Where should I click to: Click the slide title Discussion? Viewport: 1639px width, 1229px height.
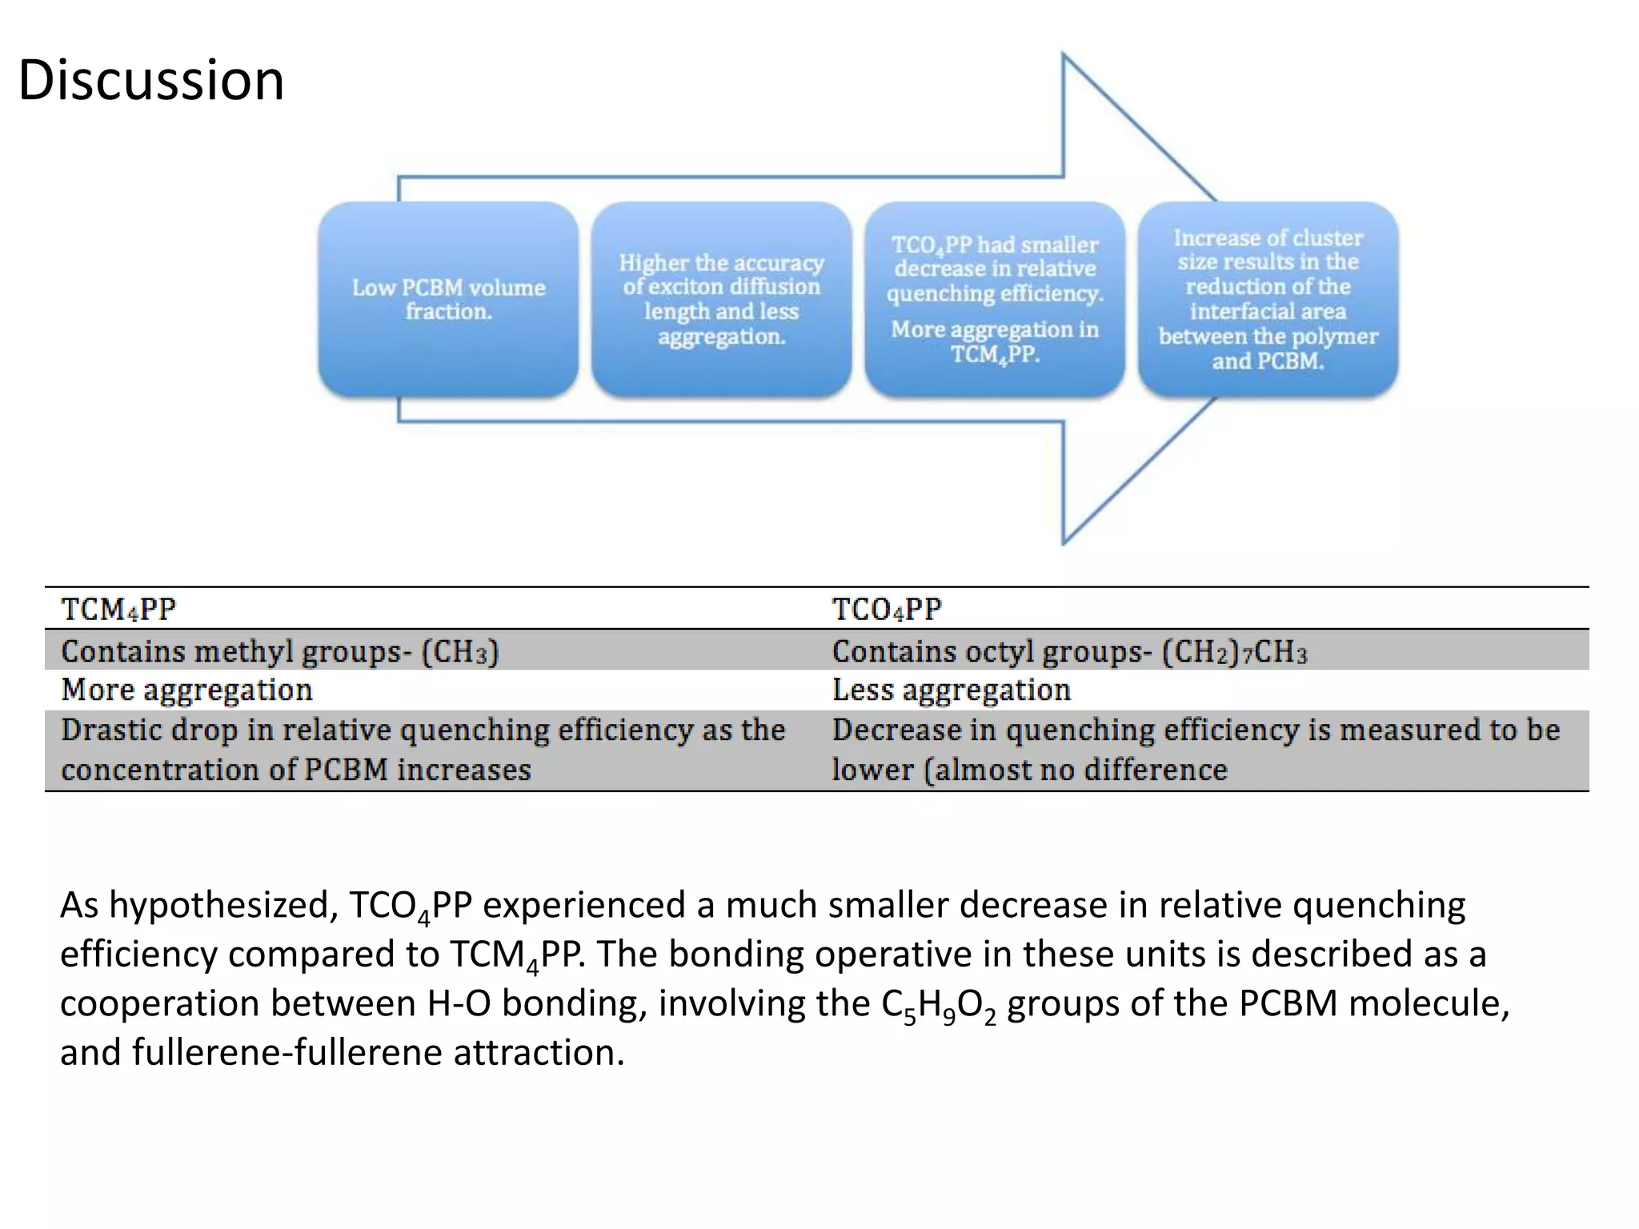150,80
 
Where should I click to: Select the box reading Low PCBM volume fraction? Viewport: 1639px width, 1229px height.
448,299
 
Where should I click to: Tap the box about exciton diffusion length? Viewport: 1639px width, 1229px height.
721,299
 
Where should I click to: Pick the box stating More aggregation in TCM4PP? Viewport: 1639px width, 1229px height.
995,299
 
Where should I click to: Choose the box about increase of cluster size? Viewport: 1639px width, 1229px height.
1268,299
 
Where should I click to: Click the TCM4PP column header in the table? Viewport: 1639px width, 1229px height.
118,610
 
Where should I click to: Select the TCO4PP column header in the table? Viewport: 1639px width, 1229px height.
887,610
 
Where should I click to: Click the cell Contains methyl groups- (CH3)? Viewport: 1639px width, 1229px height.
279,651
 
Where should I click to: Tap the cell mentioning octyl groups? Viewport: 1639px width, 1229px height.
1069,651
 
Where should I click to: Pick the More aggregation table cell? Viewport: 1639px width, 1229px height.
186,690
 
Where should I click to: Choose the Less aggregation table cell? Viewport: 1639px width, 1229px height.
951,690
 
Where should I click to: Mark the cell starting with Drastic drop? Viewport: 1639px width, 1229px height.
423,750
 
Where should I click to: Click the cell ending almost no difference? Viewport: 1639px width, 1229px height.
1195,750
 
